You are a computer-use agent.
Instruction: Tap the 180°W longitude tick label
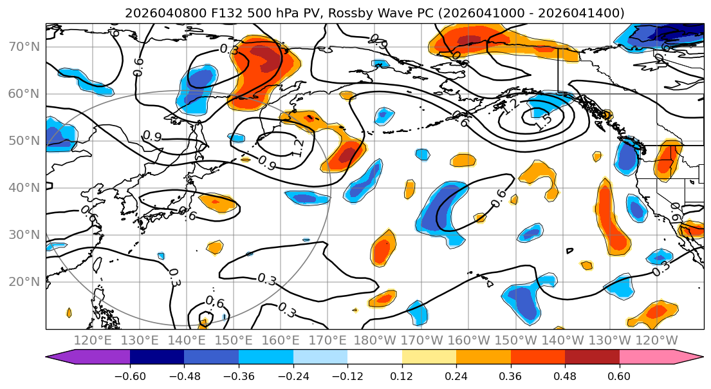point(376,340)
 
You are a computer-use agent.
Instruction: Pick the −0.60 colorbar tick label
point(129,375)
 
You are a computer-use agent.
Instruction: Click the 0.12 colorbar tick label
point(402,375)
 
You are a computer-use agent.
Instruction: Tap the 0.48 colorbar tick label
point(565,375)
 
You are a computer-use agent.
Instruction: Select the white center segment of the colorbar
point(374,357)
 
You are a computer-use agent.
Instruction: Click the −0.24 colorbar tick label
point(293,375)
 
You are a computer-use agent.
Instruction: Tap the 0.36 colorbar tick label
point(510,375)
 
